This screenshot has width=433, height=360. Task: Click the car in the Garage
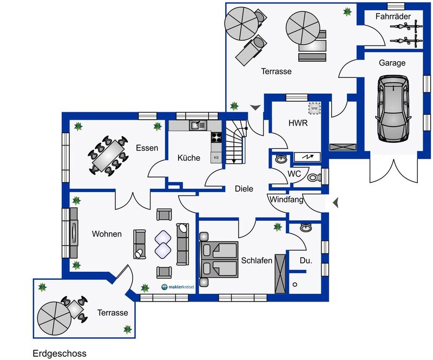coord(393,109)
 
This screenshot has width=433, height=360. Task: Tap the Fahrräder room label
coord(393,17)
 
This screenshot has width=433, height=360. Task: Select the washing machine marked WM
coord(314,108)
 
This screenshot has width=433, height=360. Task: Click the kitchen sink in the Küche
coord(198,125)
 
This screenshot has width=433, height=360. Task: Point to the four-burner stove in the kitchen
coord(216,137)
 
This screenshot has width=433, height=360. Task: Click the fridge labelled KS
coord(216,158)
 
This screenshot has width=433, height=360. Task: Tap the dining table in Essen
coord(108,155)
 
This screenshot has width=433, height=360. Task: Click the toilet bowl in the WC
coord(314,177)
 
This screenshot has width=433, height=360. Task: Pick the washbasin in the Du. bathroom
coord(306,228)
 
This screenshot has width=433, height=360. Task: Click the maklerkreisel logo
coord(178,287)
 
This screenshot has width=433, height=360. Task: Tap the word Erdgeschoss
coord(60,354)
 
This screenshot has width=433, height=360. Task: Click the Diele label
coord(244,189)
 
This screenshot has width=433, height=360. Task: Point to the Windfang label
coord(286,199)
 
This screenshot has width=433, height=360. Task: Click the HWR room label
coord(298,123)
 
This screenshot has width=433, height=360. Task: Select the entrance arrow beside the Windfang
coord(336,203)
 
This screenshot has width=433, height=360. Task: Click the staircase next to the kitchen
coord(235,142)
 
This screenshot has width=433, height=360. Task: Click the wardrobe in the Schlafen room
coord(280,273)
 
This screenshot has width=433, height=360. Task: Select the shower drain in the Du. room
coord(295,284)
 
